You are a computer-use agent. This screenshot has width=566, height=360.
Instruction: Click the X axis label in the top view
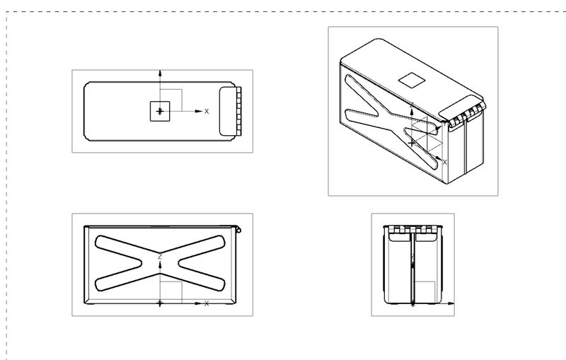207,112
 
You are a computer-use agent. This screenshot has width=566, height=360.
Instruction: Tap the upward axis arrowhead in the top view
161,73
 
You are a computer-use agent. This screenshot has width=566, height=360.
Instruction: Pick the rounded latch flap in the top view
228,111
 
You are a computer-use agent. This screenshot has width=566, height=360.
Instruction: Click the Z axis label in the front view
161,255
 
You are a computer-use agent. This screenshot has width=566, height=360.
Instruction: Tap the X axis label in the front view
207,303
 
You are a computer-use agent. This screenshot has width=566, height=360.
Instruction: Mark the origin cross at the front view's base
161,303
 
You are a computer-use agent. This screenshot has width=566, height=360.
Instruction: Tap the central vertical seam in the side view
412,269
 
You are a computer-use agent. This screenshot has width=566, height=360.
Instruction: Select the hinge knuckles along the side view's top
412,229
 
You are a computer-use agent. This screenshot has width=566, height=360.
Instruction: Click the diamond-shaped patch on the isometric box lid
411,79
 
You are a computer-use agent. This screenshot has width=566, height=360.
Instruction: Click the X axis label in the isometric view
444,162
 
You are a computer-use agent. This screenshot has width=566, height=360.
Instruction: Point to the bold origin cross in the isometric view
412,142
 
